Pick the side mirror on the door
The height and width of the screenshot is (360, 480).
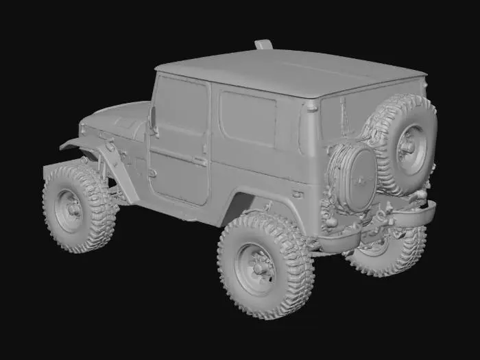[154, 120]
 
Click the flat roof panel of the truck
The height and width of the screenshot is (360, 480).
[288, 72]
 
